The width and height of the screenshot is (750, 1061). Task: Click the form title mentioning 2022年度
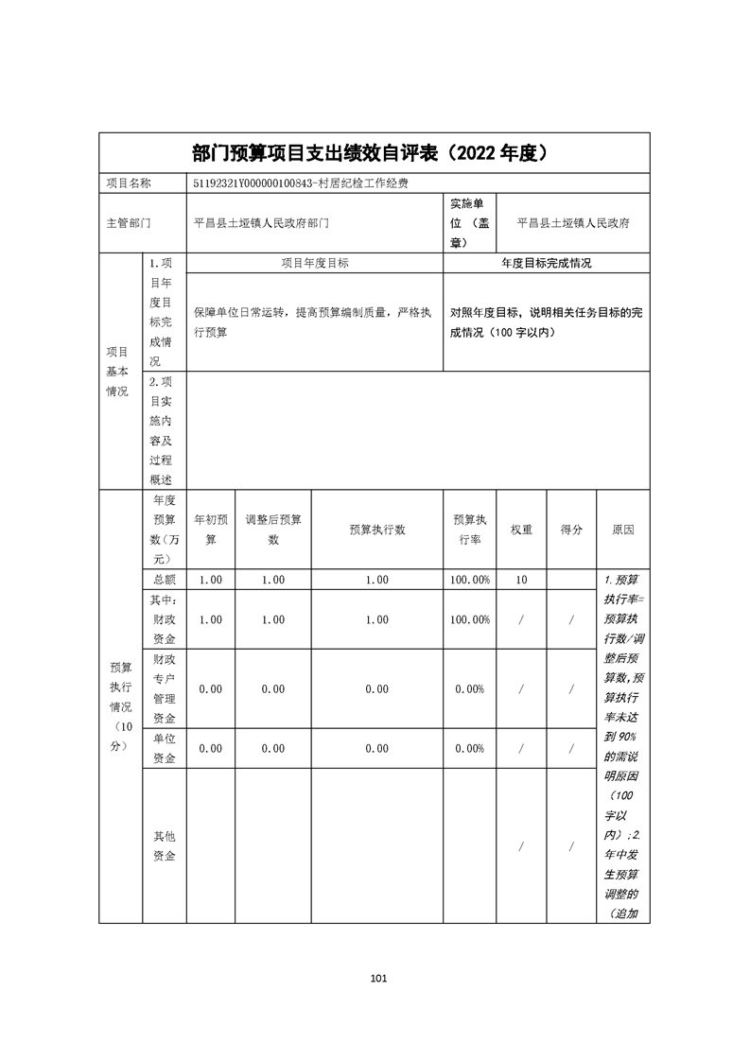[x=374, y=153]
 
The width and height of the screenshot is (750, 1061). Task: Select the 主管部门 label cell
[x=129, y=224]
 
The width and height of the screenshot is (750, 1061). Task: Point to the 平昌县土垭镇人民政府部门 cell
[x=261, y=224]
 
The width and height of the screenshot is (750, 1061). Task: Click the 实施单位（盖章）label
[x=469, y=223]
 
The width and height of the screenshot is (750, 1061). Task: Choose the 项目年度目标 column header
[x=315, y=264]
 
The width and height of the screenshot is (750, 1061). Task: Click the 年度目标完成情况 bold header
[x=546, y=264]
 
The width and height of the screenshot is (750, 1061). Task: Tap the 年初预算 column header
[x=210, y=530]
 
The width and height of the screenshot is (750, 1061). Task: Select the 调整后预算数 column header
[x=272, y=530]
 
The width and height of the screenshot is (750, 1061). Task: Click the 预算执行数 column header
[x=376, y=530]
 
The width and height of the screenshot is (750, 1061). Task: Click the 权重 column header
[x=521, y=530]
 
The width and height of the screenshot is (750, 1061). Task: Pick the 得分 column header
[x=571, y=530]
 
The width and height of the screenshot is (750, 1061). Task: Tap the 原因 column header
[x=622, y=530]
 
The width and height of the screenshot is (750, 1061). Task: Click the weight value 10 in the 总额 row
[x=521, y=580]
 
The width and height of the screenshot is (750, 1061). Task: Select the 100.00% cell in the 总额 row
[x=471, y=580]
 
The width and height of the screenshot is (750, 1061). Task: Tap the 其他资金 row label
[x=164, y=846]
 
